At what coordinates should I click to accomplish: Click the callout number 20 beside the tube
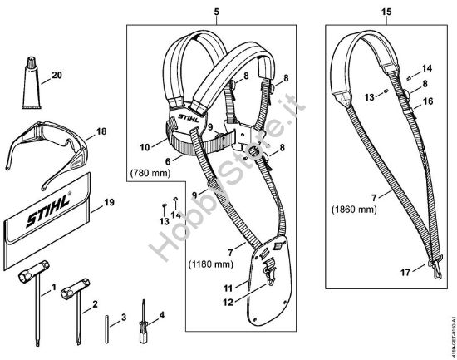[x=57, y=75]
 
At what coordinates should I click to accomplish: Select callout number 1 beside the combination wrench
[x=53, y=288]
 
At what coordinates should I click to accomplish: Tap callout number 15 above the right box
[x=386, y=14]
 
